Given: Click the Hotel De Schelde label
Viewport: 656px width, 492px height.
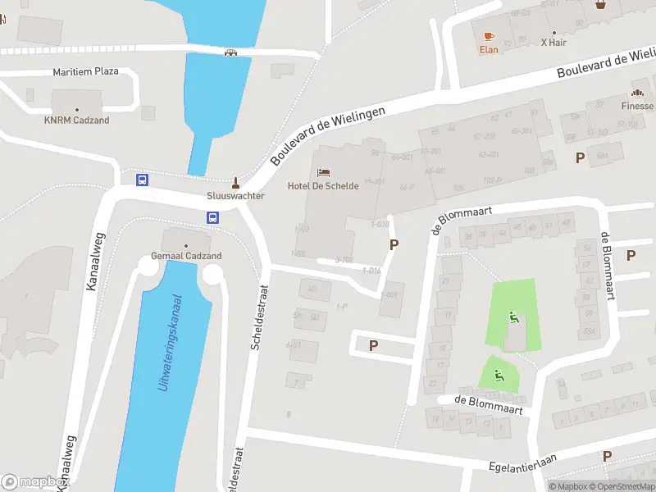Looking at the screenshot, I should [323, 186].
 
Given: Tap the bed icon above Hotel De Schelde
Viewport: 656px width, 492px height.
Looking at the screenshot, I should [323, 172].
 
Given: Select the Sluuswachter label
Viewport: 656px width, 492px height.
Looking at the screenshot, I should [235, 197].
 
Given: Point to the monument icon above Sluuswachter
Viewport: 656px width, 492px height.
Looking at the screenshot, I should [236, 183].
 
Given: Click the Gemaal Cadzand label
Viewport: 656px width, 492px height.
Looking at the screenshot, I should [186, 256].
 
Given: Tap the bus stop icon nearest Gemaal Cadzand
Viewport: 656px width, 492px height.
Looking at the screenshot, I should [212, 218].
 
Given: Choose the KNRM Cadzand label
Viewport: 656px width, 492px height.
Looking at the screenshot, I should [77, 121].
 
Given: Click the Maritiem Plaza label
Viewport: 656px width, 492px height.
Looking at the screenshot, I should [85, 71].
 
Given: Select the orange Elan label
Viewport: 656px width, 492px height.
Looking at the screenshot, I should [489, 49].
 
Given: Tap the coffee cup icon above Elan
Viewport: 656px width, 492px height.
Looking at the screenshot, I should [489, 36].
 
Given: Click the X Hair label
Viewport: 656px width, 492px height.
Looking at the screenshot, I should [555, 41].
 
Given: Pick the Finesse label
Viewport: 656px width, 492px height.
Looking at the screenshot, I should [637, 106].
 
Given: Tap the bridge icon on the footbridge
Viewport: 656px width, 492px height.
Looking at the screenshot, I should [231, 52].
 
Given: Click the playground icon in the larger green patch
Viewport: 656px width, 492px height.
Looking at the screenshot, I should [514, 318].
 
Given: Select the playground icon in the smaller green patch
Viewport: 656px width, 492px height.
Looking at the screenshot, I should [499, 376].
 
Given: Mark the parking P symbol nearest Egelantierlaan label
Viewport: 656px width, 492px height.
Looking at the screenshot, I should [608, 456].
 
